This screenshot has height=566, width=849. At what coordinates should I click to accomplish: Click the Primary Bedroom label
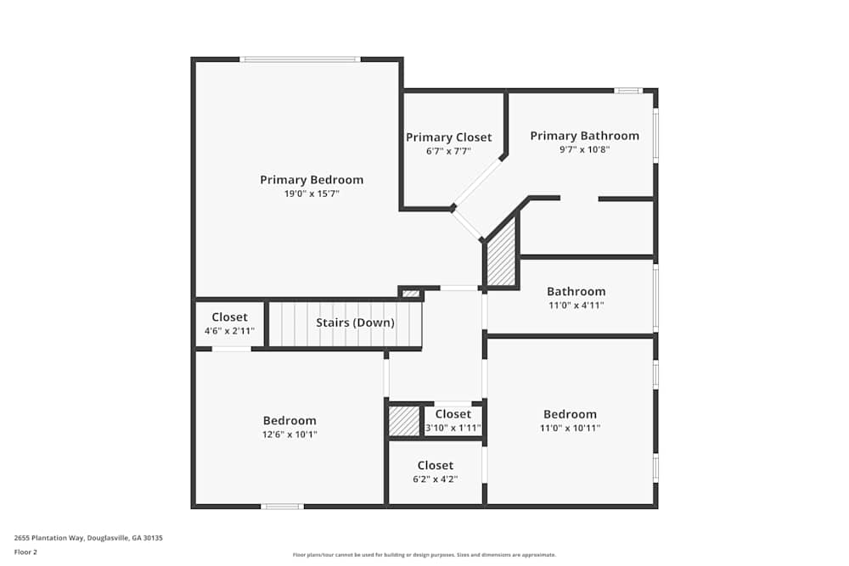(312, 180)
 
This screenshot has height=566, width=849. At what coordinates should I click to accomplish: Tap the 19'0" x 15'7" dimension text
(312, 194)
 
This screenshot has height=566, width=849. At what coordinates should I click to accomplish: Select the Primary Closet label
(448, 137)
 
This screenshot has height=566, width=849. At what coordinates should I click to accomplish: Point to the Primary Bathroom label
(584, 136)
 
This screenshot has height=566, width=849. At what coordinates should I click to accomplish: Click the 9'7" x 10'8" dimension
(584, 150)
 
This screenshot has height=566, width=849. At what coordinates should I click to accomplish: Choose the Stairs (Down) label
(355, 323)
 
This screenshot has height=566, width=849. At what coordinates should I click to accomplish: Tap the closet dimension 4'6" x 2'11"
(229, 332)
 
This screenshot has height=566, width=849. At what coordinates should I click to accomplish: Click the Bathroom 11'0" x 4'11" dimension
(576, 305)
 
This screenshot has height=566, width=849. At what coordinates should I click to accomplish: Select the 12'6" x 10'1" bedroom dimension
(290, 435)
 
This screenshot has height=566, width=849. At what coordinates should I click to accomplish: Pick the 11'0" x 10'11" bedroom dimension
(570, 429)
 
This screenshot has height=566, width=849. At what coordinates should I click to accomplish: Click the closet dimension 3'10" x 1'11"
(453, 429)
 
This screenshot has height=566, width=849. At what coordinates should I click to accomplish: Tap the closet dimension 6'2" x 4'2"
(435, 479)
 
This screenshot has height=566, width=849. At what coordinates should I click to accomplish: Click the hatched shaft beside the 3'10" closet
(403, 422)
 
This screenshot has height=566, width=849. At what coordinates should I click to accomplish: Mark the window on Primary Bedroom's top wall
(300, 59)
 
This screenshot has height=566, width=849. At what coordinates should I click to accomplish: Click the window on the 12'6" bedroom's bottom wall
(282, 507)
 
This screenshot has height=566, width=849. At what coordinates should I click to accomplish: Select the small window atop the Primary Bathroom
(628, 90)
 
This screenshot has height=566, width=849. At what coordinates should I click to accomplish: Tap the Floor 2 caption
(25, 552)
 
